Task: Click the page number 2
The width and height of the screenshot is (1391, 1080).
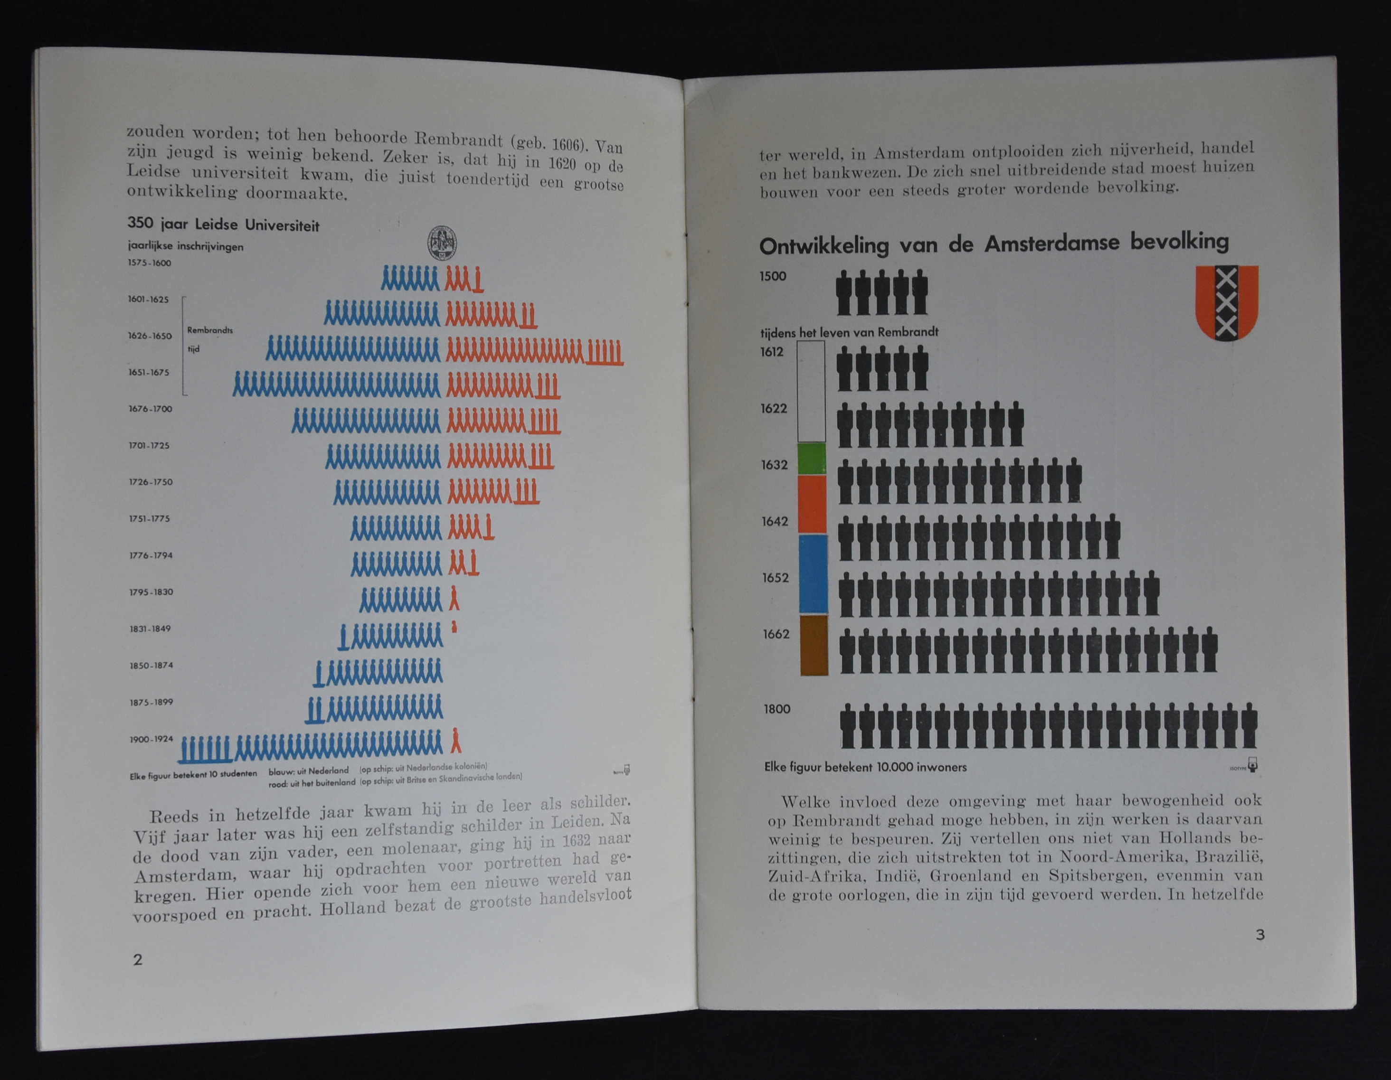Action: pos(138,959)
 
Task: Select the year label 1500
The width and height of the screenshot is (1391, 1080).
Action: pos(773,276)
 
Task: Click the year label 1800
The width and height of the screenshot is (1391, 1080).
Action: pos(777,709)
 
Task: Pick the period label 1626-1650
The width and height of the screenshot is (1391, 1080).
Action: pos(150,336)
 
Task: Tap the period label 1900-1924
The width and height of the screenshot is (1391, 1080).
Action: pos(151,739)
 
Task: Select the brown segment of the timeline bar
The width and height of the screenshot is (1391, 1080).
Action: pos(814,644)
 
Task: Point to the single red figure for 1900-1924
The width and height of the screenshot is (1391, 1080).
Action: pos(455,741)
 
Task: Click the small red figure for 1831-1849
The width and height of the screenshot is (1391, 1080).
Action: pos(454,627)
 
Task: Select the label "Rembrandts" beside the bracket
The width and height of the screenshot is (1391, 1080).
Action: pos(209,330)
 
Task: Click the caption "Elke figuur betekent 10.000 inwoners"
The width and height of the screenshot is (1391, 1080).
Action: pos(865,767)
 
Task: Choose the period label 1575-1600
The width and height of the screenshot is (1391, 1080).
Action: pos(149,263)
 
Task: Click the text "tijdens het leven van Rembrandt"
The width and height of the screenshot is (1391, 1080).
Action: pos(849,332)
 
